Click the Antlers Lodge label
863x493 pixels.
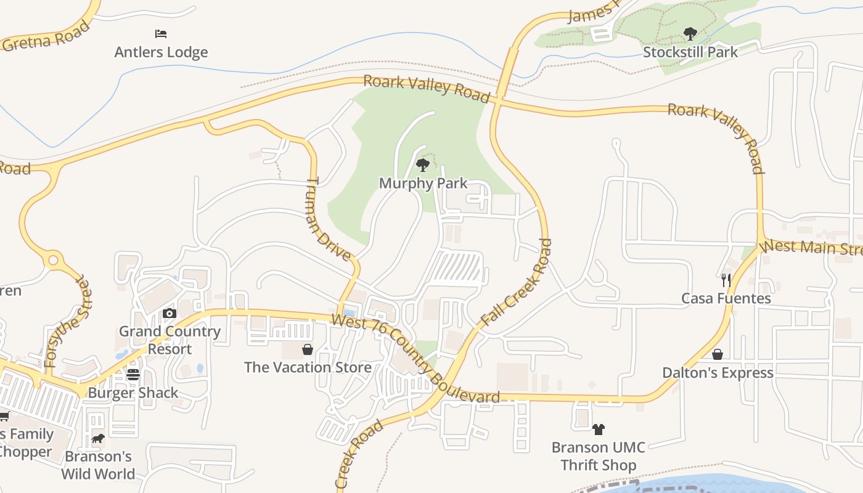tap(161, 52)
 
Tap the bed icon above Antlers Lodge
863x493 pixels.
tap(161, 34)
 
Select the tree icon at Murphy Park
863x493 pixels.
tap(422, 165)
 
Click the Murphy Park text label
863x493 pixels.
tap(423, 183)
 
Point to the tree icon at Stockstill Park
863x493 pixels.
tap(690, 33)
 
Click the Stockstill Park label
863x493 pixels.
tap(690, 52)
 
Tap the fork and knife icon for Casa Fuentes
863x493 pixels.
tap(726, 280)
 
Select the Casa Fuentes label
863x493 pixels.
tap(726, 298)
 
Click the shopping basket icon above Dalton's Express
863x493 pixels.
tap(717, 354)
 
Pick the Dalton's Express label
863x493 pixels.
tap(718, 373)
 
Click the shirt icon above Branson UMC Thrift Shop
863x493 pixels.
tap(598, 429)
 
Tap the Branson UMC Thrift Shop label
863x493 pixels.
tap(598, 456)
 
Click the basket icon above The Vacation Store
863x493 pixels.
tap(308, 349)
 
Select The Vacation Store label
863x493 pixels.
tap(308, 367)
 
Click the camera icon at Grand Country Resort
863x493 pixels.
tap(170, 314)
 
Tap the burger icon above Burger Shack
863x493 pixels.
tap(133, 375)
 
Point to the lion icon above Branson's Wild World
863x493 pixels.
tap(97, 439)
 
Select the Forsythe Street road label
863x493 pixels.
tap(66, 322)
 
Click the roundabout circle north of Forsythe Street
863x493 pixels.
tap(53, 261)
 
